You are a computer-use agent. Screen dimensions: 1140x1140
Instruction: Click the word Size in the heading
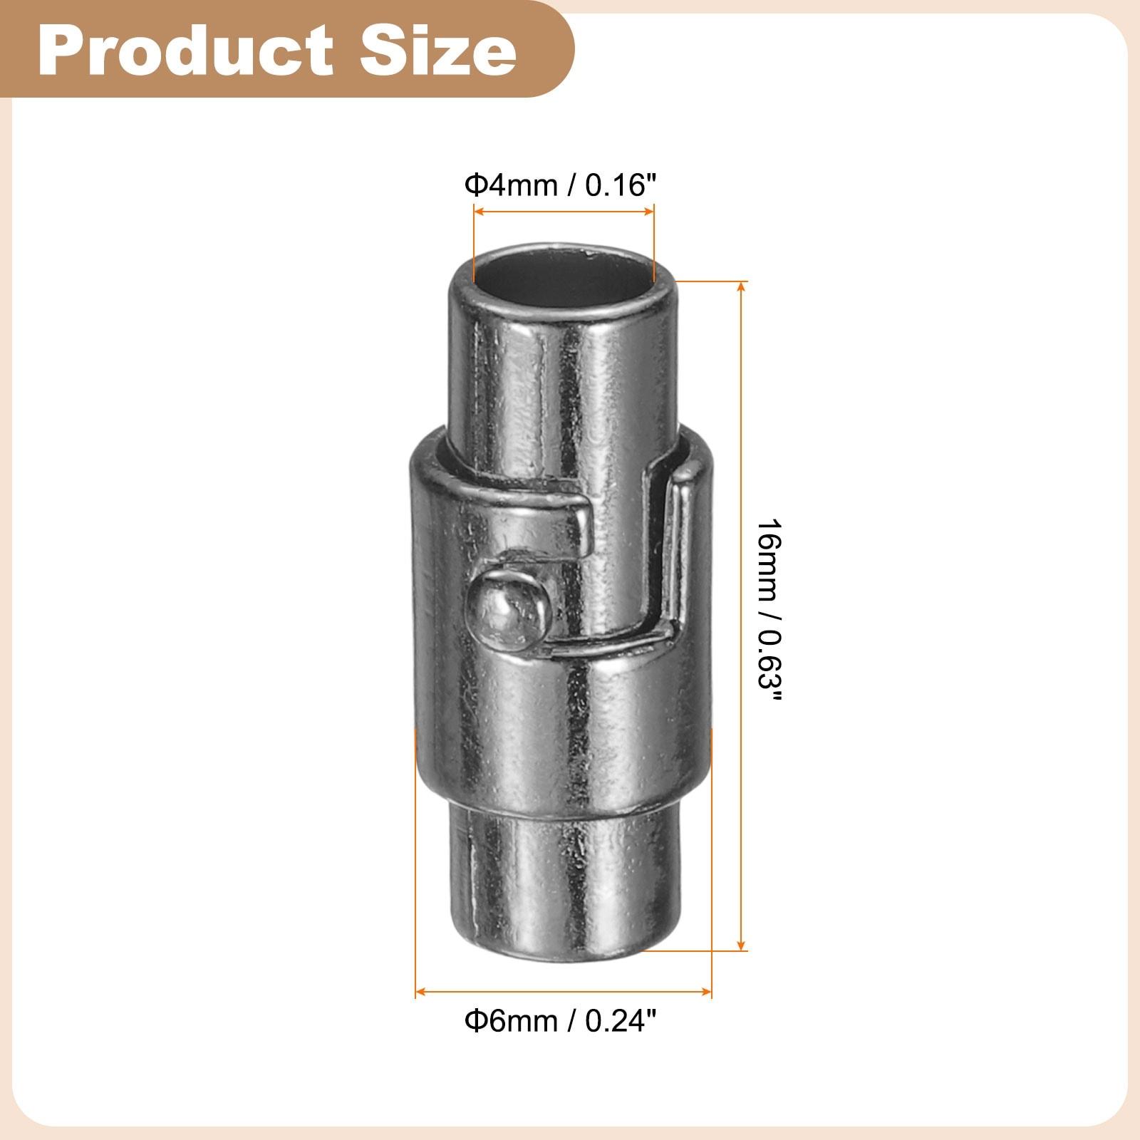[437, 50]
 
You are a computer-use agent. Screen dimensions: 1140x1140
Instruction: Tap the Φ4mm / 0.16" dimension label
[560, 185]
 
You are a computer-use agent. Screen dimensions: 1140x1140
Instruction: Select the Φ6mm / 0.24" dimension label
[560, 1021]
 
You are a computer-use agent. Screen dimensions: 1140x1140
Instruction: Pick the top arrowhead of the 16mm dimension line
[742, 286]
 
